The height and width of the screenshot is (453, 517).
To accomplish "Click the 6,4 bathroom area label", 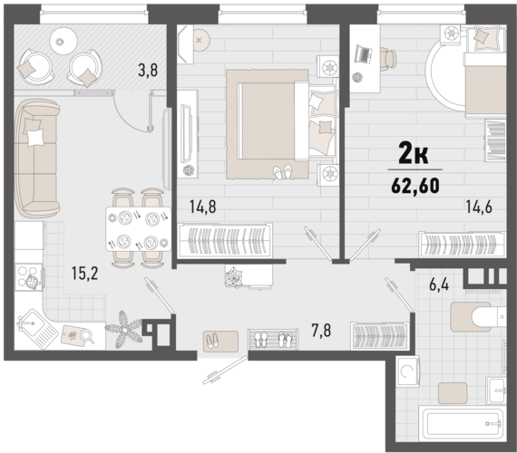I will tap(440, 283).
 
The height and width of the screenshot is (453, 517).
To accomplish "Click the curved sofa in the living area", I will tap(36, 158).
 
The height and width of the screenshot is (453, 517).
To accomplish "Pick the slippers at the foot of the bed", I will tap(283, 169).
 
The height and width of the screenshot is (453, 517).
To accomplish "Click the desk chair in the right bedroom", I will tap(388, 56).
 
